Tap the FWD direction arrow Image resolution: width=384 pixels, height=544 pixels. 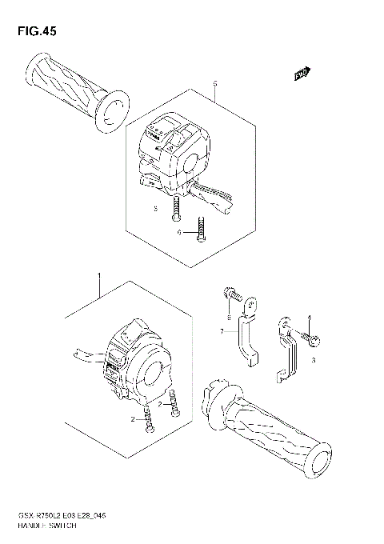(301, 76)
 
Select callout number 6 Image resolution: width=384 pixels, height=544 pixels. (182, 232)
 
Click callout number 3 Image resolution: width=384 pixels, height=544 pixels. (314, 361)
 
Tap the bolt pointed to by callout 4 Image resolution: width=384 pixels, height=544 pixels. (314, 340)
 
